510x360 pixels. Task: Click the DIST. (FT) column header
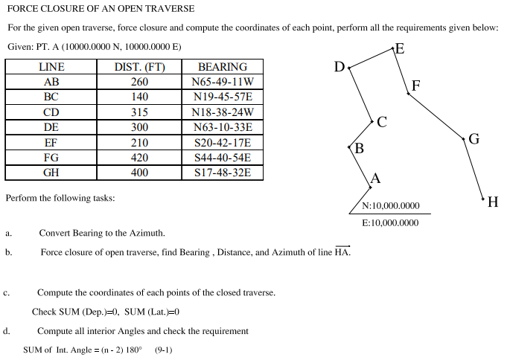(139, 67)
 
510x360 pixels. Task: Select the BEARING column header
(223, 67)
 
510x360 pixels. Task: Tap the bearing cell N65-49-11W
(223, 82)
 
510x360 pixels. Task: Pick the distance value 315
(139, 112)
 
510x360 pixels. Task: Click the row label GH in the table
(51, 173)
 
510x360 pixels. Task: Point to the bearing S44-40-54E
(223, 158)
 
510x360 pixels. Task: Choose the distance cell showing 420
(139, 158)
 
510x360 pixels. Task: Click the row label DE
(51, 127)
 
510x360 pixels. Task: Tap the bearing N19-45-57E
(223, 97)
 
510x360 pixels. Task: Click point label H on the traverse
(492, 201)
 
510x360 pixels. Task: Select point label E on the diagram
(400, 50)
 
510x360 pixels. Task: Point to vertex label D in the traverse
(340, 68)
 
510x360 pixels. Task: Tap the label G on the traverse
(474, 138)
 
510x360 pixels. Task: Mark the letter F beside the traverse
(415, 86)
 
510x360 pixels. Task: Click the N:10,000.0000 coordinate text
(390, 206)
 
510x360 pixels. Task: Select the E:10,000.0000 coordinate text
(390, 222)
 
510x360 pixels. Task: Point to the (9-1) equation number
(163, 349)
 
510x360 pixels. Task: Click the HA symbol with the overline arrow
(342, 251)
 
